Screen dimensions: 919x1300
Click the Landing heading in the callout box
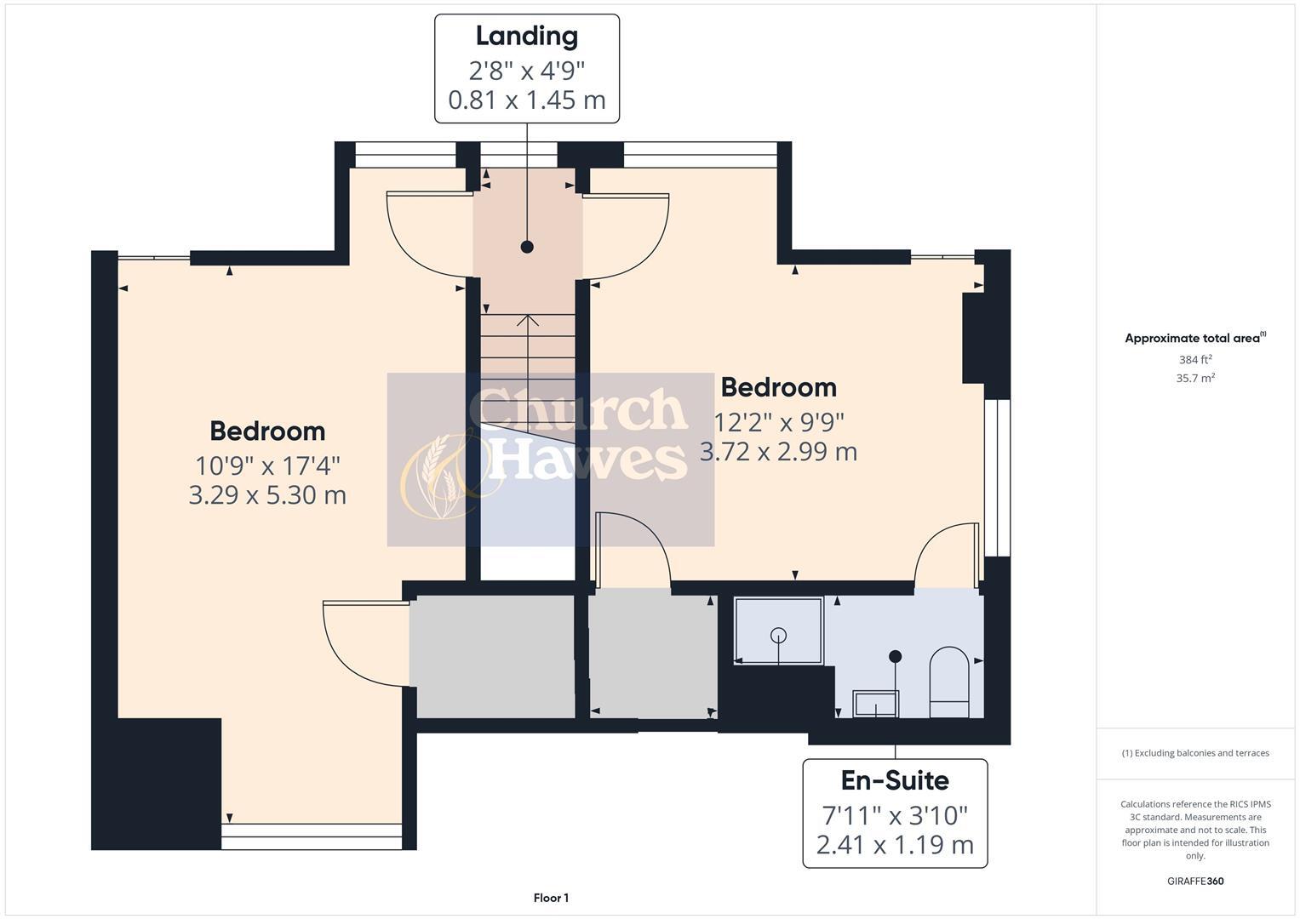[x=526, y=36]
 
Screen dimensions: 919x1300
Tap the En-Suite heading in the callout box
[x=895, y=780]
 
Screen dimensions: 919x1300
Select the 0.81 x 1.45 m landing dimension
[x=526, y=100]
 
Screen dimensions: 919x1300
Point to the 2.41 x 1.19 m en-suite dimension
[x=895, y=845]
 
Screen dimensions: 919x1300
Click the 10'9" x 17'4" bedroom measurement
[x=267, y=465]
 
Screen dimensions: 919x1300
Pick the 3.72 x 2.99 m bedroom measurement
[x=778, y=451]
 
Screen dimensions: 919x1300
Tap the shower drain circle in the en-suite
[x=778, y=635]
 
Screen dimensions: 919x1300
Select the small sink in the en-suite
[x=875, y=704]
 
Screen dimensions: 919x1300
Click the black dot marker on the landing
[x=527, y=247]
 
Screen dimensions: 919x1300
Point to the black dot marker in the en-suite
[x=895, y=656]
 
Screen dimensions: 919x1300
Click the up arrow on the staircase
[x=528, y=321]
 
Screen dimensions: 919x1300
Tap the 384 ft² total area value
[x=1194, y=360]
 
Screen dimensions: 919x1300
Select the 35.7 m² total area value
[x=1194, y=379]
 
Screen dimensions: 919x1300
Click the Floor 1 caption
[x=551, y=898]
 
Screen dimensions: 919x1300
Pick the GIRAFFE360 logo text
[x=1194, y=881]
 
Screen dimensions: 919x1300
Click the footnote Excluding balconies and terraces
[x=1194, y=753]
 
